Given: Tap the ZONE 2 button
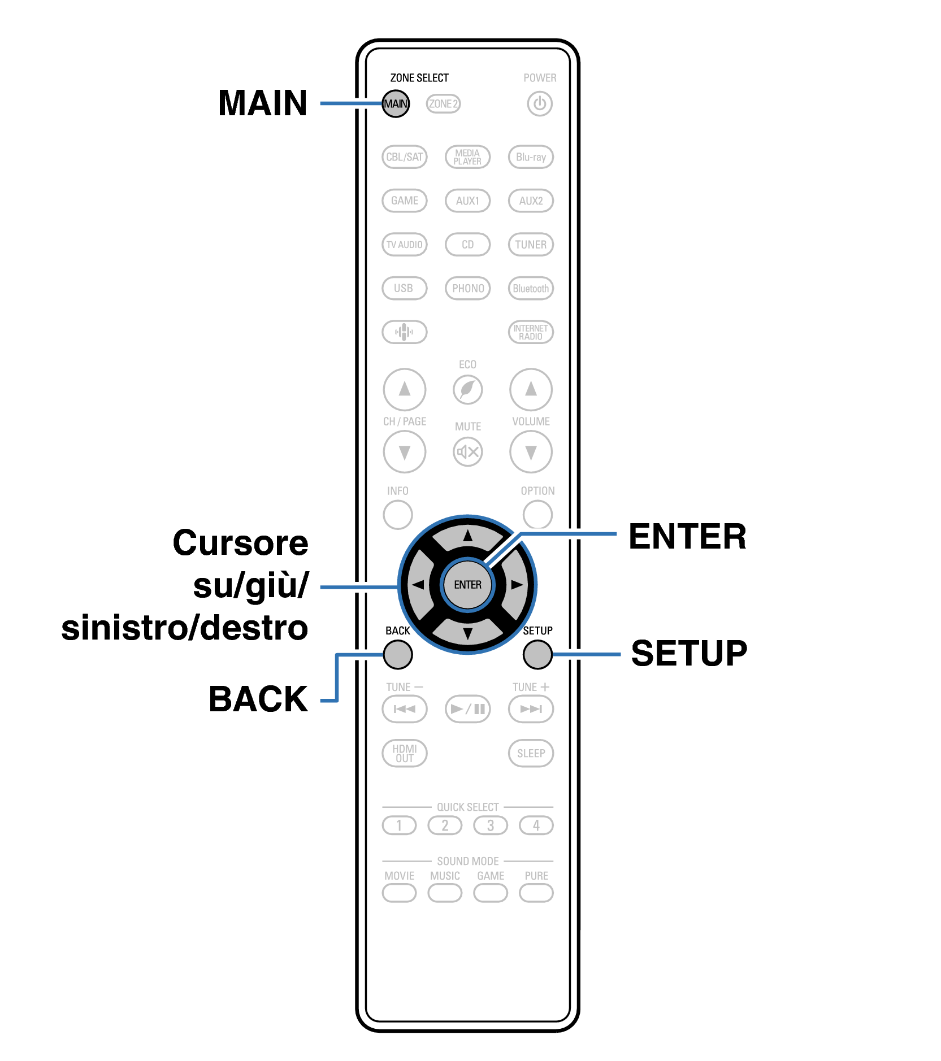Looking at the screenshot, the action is coord(443,104).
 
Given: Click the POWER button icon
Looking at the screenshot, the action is coord(540,104).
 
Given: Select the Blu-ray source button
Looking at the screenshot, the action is coord(531,157).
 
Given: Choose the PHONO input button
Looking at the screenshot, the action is coord(468,288).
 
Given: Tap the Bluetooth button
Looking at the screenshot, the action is coord(531,288).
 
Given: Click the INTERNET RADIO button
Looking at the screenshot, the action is coord(531,332).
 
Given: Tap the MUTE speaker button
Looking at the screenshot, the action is coord(468,452).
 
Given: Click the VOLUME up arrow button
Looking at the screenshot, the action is coord(531,389).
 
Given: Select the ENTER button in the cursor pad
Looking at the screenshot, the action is coord(468,585).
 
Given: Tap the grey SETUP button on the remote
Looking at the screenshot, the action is coord(537,655).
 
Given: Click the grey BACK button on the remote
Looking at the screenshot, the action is coord(398,655).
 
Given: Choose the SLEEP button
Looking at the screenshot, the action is coord(531,753).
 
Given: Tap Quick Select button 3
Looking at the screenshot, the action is coord(491,825).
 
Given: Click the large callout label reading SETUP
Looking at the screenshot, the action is coord(689,653).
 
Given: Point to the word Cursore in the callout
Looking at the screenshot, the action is coord(241,543).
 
